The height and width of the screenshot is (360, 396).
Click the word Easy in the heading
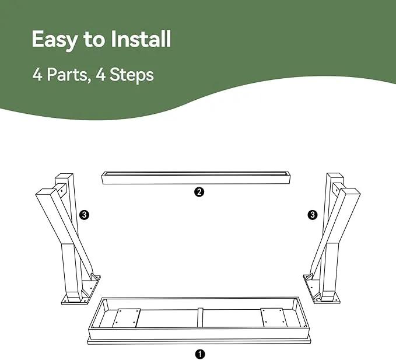point(55,40)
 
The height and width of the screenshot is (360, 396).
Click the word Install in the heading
point(141,39)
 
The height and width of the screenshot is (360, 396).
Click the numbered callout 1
point(200,354)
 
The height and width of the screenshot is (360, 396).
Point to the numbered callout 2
point(199,192)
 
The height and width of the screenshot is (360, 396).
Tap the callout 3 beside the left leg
point(84,215)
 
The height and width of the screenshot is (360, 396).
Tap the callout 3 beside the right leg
point(313,215)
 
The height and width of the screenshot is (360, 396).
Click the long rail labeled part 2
point(196,178)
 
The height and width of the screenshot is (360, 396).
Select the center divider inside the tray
point(200,317)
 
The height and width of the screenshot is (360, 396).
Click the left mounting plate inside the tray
point(126,317)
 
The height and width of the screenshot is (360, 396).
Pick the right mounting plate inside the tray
point(274,317)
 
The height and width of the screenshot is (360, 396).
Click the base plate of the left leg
point(81,291)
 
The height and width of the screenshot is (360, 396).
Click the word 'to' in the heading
point(94,40)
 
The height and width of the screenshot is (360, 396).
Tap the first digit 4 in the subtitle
point(37,75)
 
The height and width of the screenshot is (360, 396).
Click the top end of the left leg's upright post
point(64,176)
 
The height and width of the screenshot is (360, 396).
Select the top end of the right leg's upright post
point(335,176)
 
